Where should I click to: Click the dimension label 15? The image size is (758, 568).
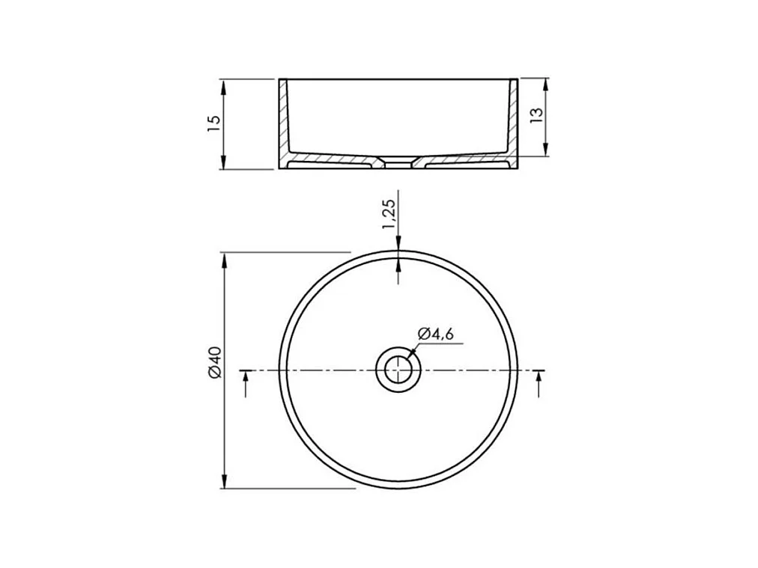coord(214,123)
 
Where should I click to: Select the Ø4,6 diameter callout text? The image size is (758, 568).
coord(436,334)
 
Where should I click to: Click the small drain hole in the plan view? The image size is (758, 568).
coord(398,370)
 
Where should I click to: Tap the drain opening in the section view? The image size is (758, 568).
coord(398,162)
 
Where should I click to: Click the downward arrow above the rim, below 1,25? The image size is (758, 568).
coord(398,244)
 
